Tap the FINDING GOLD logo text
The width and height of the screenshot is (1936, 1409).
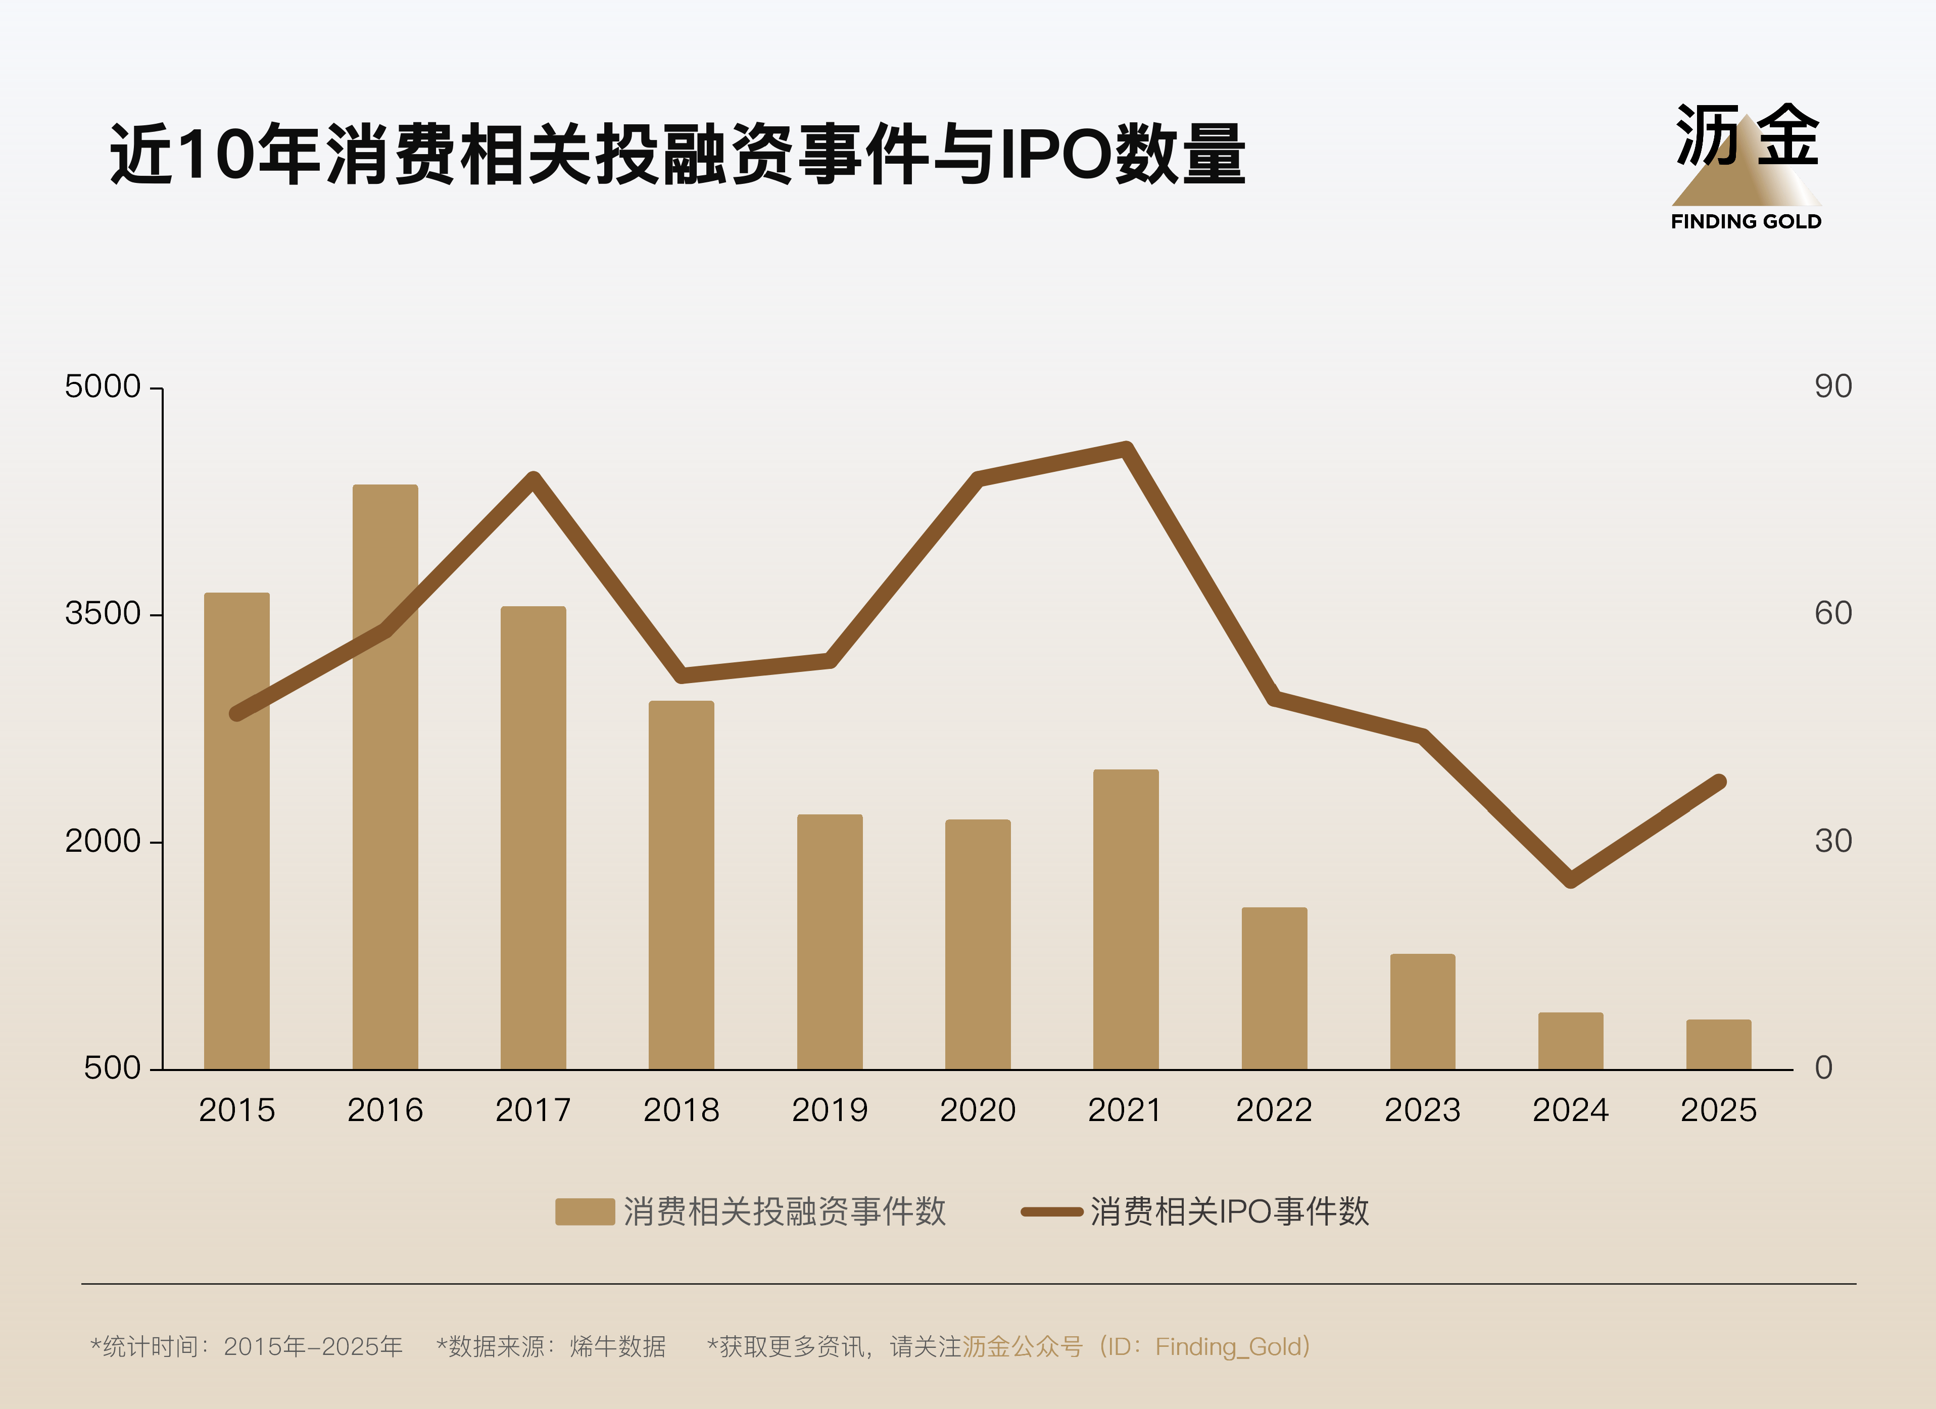tap(1746, 222)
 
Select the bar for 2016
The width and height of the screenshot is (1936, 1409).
tap(385, 776)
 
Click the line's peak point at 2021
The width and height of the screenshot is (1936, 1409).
tap(1126, 449)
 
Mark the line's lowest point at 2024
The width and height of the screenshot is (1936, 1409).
tap(1571, 880)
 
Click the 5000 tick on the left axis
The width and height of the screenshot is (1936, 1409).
tap(103, 386)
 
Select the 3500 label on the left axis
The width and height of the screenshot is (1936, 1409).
tap(103, 614)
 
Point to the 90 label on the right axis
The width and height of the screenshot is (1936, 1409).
tap(1833, 386)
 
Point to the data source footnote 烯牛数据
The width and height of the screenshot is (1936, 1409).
tap(617, 1347)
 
